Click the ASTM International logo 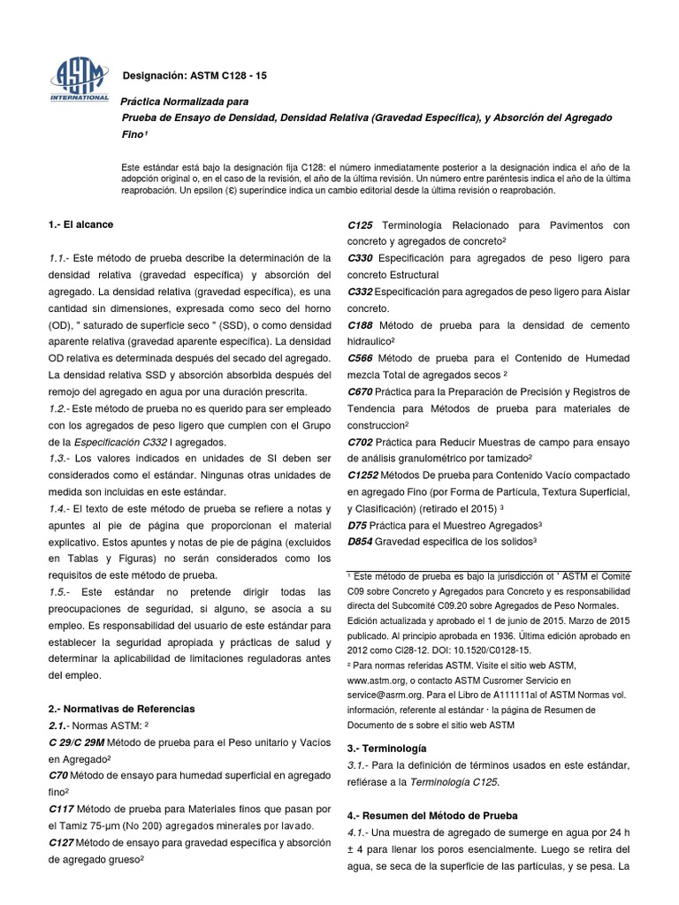point(79,78)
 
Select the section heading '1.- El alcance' point(80,225)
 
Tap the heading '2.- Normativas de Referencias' point(121,709)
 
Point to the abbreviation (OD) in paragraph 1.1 point(61,325)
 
